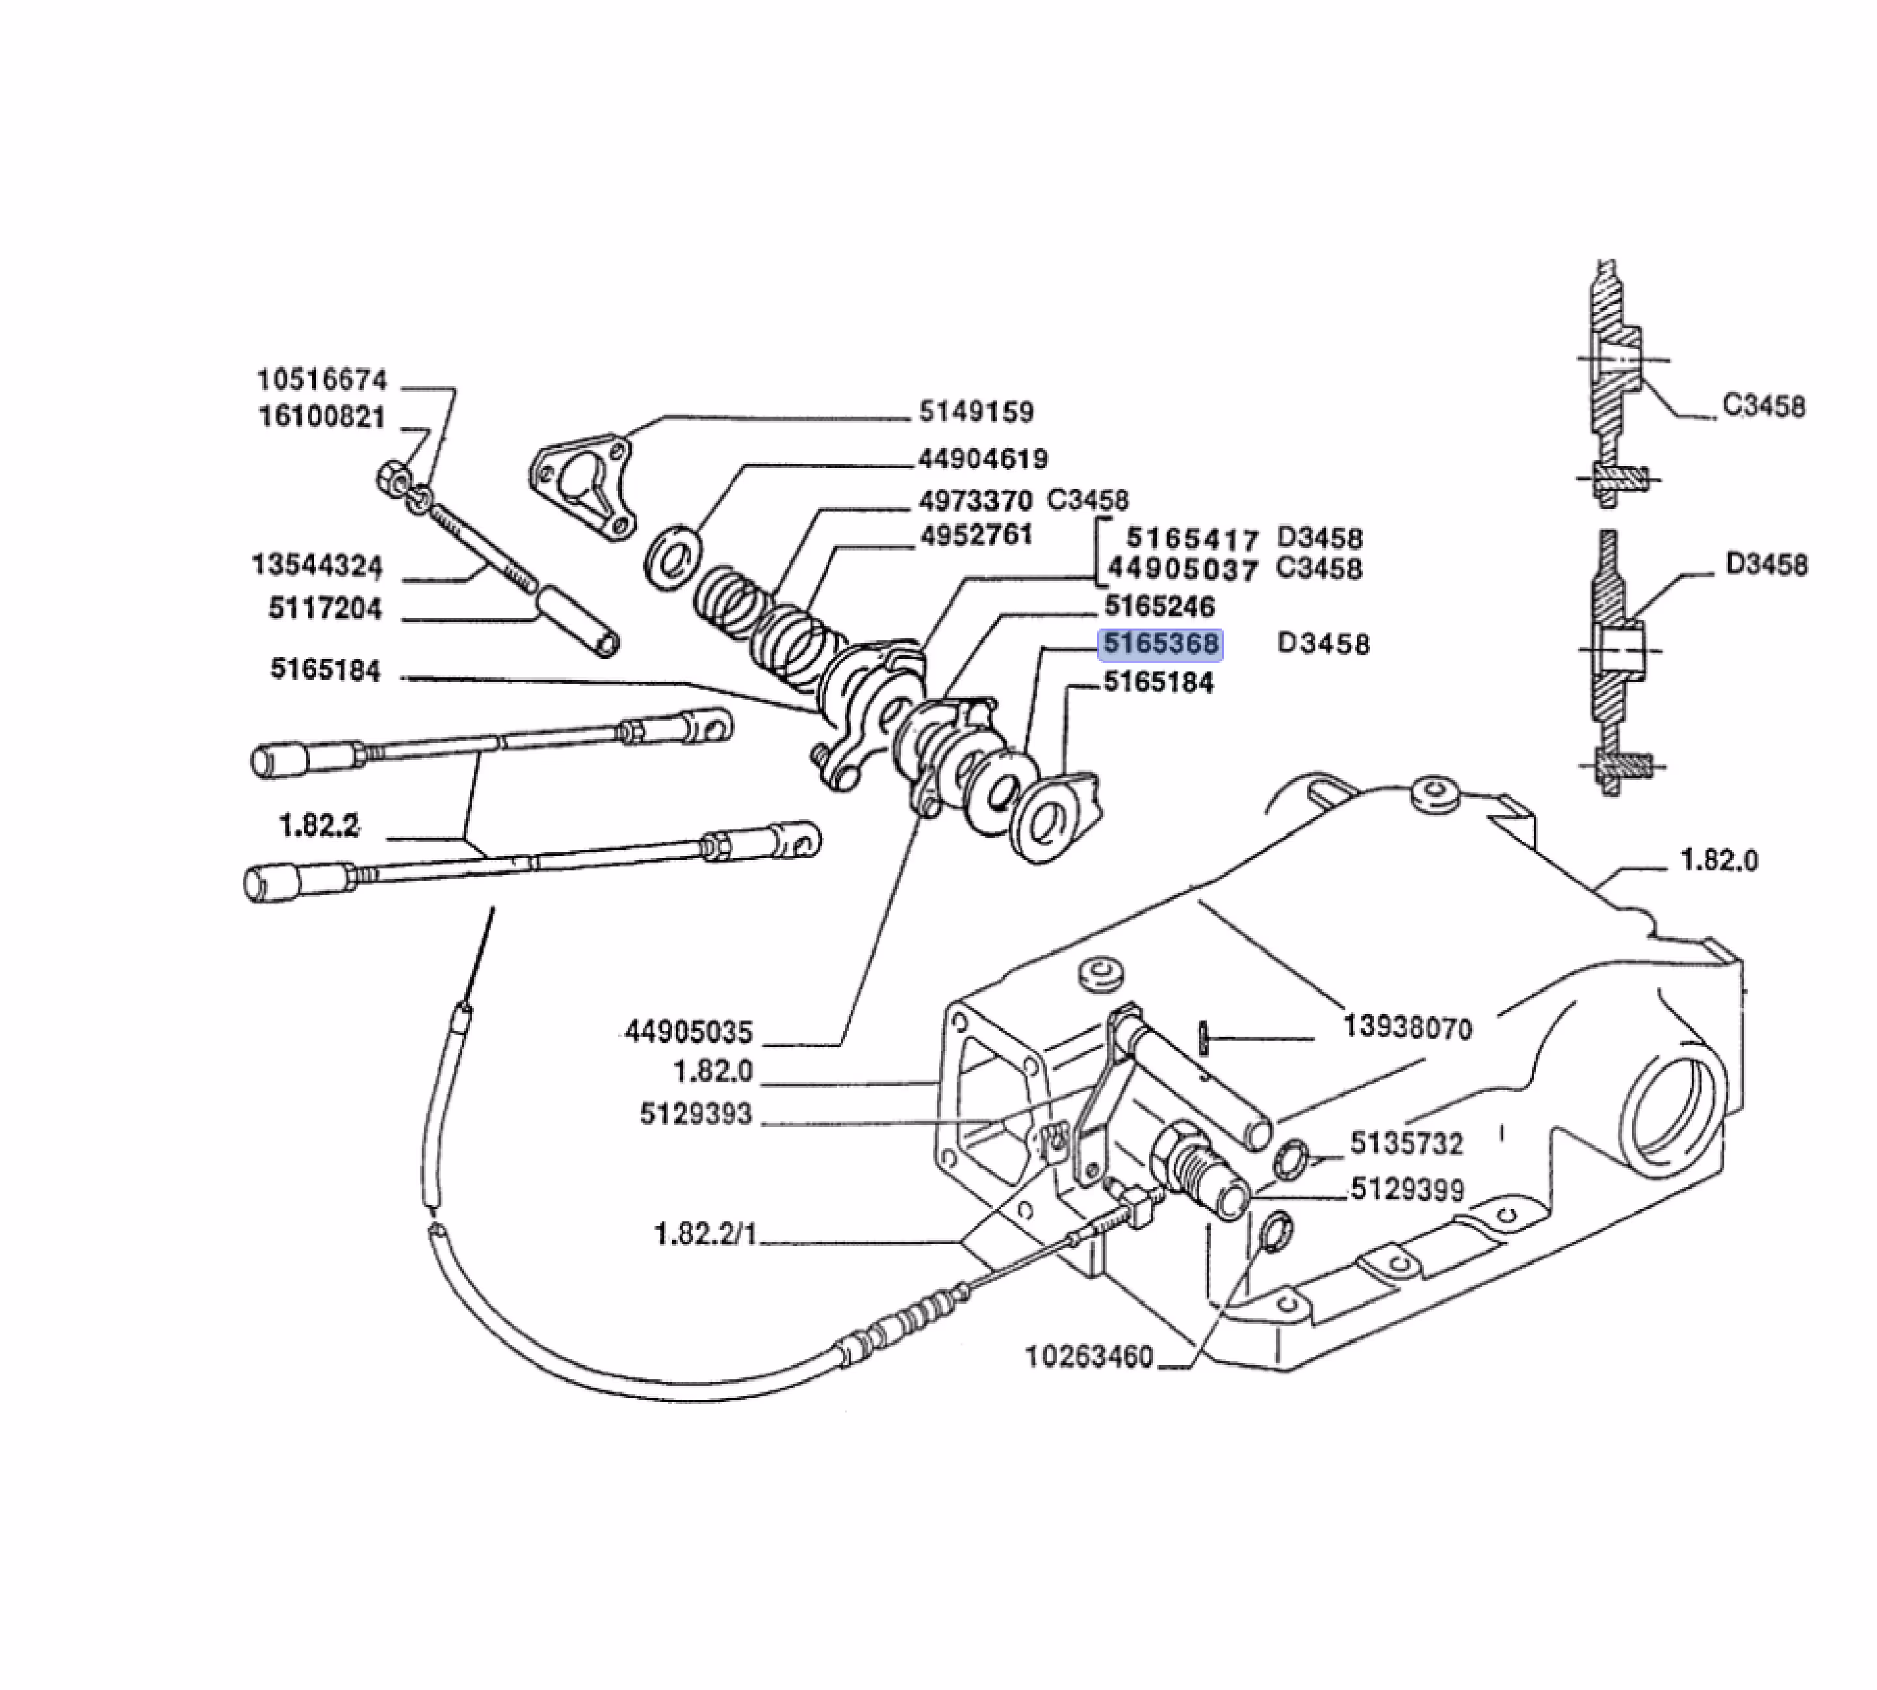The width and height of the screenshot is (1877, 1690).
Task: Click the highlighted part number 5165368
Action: pos(1160,643)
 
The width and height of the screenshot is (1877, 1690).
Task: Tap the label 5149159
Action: pos(977,411)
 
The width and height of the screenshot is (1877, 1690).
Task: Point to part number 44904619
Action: pos(983,459)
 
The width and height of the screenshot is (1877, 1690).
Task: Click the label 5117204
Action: pos(325,609)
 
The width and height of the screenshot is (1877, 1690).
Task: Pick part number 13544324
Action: pos(317,565)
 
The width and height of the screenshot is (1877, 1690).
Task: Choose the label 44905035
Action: pos(689,1032)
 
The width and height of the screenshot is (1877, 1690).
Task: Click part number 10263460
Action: pos(1089,1357)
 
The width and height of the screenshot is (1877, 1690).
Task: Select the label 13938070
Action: pos(1408,1028)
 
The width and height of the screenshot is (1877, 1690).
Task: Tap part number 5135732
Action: pos(1406,1143)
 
